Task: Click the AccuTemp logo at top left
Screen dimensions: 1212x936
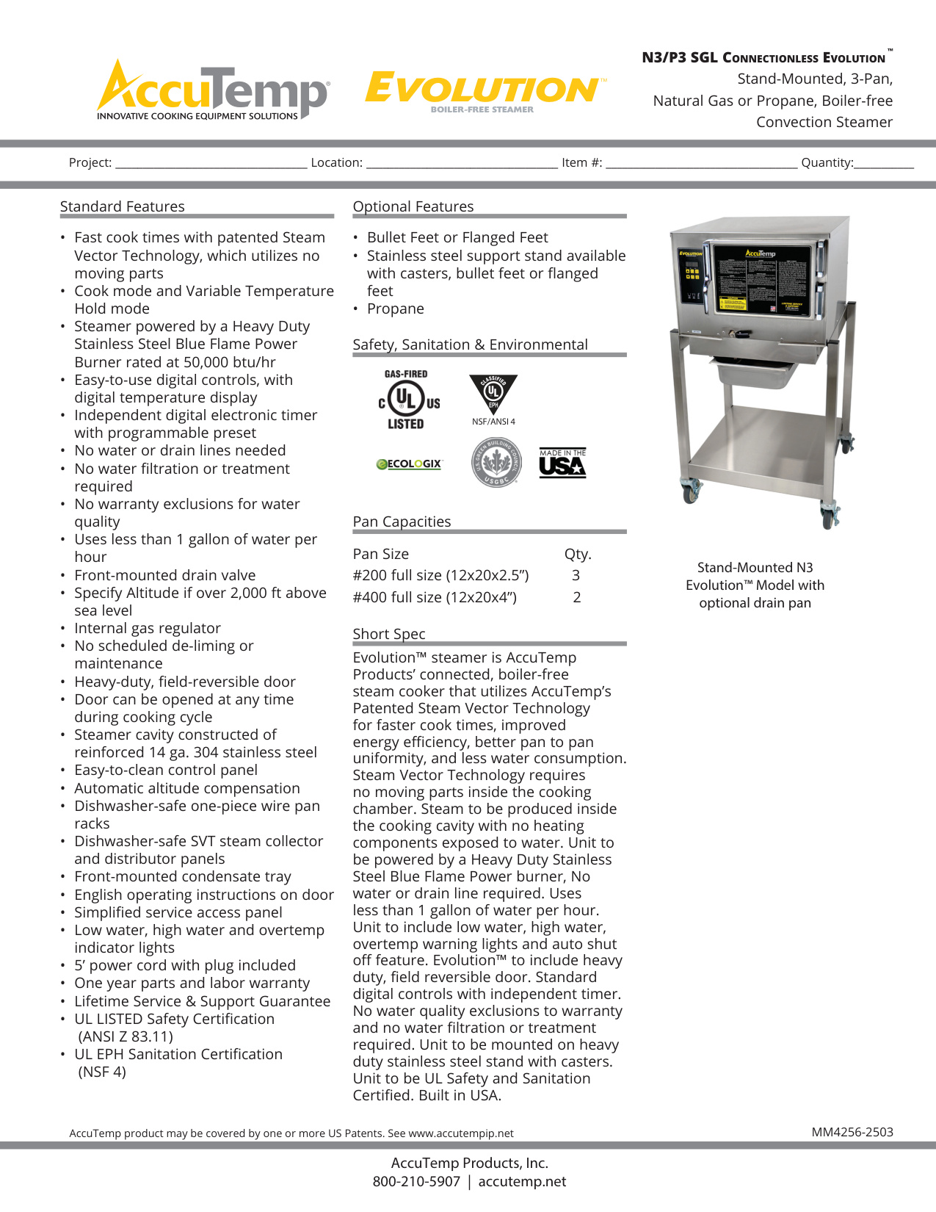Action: [213, 91]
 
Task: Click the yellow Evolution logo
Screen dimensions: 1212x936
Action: [485, 90]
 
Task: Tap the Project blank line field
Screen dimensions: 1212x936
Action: [211, 163]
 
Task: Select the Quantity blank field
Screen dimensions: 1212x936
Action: [884, 163]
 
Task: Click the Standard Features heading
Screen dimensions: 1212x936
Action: [123, 206]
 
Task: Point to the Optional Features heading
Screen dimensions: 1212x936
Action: [413, 206]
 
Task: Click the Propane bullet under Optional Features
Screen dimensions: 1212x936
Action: [396, 309]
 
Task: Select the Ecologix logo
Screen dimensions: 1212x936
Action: [409, 464]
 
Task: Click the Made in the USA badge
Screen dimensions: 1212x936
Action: [562, 463]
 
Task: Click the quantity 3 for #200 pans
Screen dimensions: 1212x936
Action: [576, 575]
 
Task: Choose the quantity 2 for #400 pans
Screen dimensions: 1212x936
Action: [577, 597]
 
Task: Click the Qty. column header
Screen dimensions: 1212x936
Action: [578, 554]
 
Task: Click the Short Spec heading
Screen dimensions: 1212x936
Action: [389, 634]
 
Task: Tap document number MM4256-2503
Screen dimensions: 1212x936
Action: [852, 1132]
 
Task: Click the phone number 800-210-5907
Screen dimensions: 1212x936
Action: [416, 1181]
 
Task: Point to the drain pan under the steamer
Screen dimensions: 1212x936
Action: [756, 374]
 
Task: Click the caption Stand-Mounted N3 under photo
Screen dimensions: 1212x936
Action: [755, 568]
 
